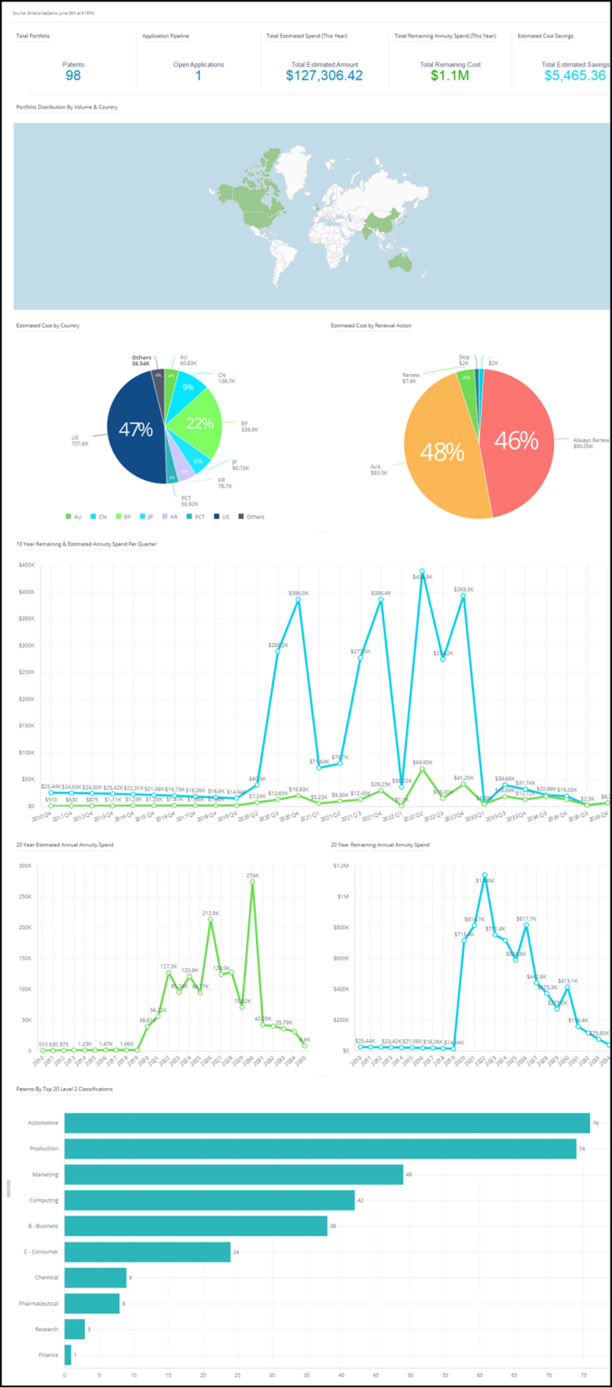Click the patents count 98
click(72, 77)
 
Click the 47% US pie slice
click(136, 431)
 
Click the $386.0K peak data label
click(298, 593)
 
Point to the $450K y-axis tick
click(26, 566)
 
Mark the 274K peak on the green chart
click(252, 876)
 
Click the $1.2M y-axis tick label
click(342, 865)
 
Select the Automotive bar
click(326, 1122)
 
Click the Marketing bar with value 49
click(233, 1174)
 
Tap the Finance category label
click(49, 1355)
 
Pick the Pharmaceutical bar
click(91, 1303)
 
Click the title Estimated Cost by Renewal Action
click(372, 324)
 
